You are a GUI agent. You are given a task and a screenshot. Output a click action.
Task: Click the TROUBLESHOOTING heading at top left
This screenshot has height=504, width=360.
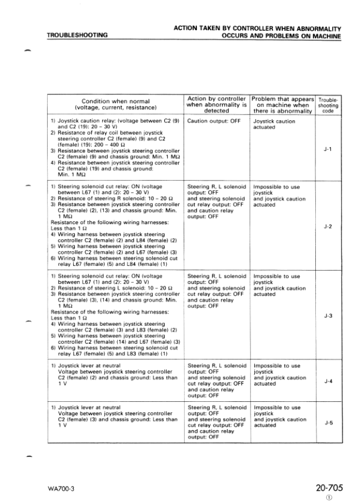pyautogui.click(x=77, y=35)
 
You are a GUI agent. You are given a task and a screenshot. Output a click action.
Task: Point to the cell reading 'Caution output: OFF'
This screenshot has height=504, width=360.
pyautogui.click(x=214, y=121)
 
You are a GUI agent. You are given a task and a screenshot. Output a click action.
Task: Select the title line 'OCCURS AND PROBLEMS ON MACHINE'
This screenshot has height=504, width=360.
pyautogui.click(x=281, y=36)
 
